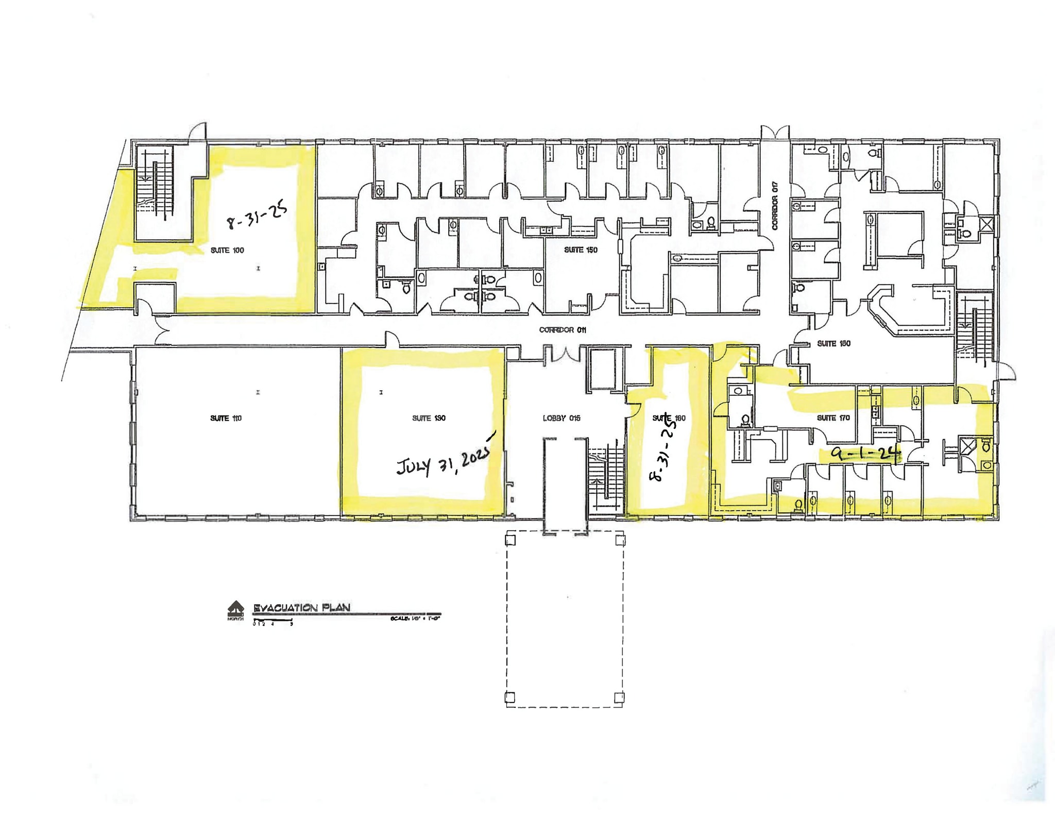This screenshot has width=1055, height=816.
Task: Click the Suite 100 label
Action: (227, 251)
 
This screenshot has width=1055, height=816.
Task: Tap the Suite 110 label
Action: (226, 418)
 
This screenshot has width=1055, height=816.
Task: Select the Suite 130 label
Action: (429, 418)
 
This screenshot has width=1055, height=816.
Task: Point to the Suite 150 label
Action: (581, 250)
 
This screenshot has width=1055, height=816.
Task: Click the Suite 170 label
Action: (833, 418)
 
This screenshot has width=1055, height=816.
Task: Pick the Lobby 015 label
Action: (561, 418)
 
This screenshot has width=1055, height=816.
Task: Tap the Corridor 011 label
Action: (563, 330)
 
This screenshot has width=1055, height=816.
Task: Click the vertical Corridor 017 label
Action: (774, 206)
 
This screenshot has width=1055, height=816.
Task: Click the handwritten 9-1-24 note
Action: (865, 453)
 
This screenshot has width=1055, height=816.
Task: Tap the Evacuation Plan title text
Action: (301, 608)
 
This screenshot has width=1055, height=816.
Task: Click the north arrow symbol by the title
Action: (235, 609)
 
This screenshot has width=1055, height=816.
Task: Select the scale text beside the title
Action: (415, 618)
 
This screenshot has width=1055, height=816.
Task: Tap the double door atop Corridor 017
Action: (775, 131)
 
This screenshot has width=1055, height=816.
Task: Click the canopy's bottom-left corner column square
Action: (509, 697)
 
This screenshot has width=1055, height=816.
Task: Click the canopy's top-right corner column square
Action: (620, 540)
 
